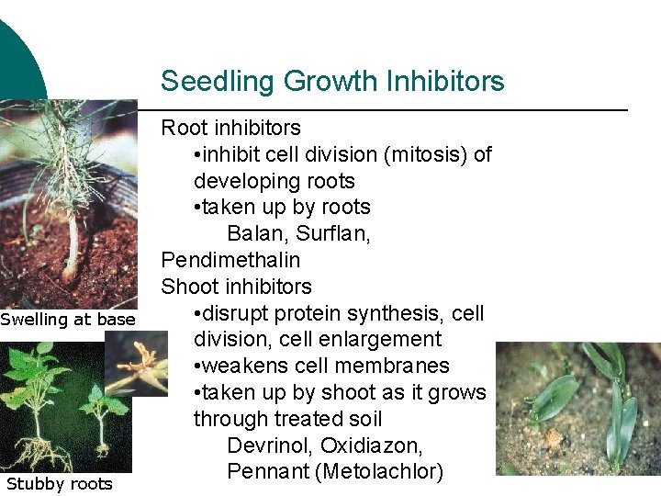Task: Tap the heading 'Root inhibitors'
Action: (x=230, y=128)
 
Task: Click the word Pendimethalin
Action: (x=230, y=260)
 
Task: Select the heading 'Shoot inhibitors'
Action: (x=236, y=287)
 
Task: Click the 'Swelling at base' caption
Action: (x=68, y=320)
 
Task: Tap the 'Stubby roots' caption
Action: (x=59, y=484)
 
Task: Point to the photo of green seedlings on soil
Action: (x=577, y=408)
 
